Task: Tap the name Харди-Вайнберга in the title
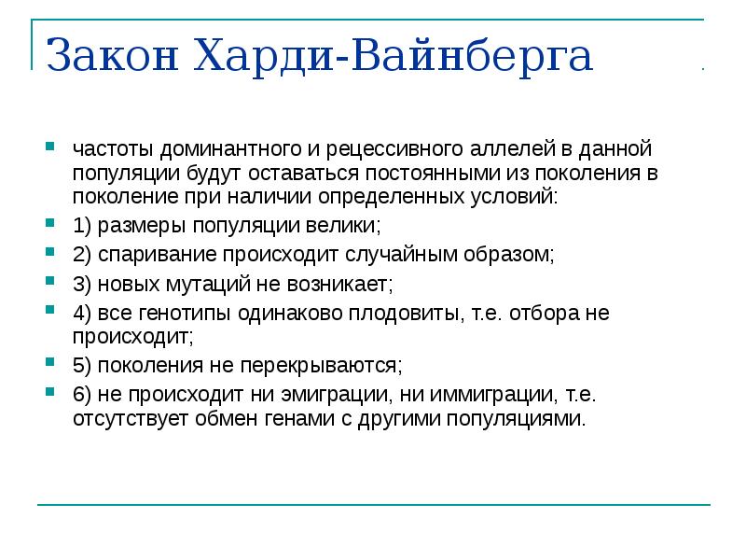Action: click(x=393, y=58)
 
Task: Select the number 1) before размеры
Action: click(x=82, y=226)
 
